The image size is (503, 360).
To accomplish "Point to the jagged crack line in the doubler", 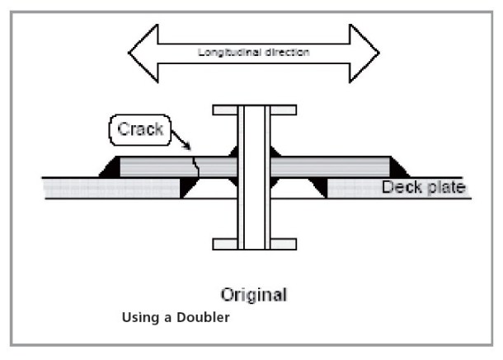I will point(194,166).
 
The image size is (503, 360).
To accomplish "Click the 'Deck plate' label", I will point(423,188).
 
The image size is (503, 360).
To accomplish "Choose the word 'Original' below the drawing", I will point(253,294).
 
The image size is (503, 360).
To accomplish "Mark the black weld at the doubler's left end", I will point(110,169).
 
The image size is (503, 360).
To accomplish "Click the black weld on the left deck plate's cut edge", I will point(187,189).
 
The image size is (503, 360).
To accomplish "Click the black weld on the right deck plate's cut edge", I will point(318,189).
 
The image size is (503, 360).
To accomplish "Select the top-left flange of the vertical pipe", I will point(225,110).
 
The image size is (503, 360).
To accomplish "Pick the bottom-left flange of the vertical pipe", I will point(225,244).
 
